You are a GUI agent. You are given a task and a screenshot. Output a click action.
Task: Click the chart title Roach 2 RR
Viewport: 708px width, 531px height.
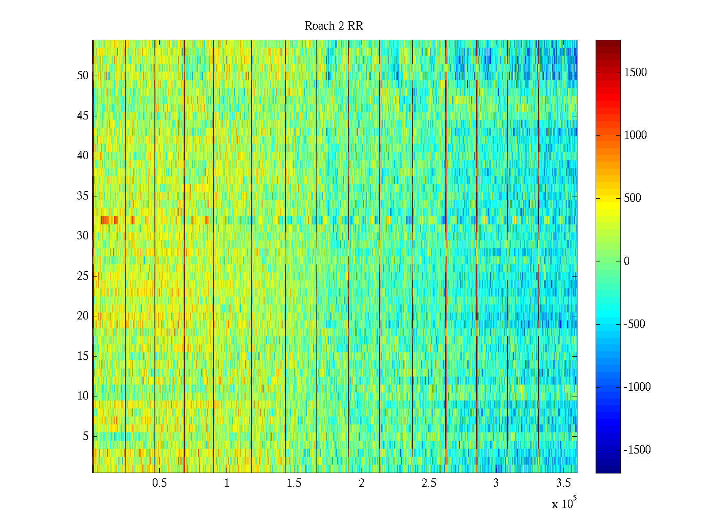334,26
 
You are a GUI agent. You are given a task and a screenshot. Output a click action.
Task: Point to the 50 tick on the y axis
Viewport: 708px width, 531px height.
83,76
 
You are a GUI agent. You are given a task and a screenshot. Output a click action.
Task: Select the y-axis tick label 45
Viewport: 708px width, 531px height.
83,116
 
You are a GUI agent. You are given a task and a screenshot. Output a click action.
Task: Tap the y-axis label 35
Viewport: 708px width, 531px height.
83,196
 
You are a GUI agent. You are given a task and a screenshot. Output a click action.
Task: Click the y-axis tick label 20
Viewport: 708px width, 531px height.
83,316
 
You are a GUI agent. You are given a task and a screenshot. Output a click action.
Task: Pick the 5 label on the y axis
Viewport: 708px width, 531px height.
85,436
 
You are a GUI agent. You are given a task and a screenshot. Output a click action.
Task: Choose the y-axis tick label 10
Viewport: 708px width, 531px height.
83,396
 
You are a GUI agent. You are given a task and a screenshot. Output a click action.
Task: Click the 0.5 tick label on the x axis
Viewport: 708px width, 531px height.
159,483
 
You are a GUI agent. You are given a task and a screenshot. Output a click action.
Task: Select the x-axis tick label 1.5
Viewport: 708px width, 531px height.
294,483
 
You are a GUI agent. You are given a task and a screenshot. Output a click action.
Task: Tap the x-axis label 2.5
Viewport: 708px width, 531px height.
429,483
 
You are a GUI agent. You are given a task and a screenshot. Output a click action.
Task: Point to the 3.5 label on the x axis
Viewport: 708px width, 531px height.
563,483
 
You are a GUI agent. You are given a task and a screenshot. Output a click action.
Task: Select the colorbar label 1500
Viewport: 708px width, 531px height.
635,73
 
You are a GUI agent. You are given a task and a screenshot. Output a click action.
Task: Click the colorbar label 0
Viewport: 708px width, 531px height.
627,262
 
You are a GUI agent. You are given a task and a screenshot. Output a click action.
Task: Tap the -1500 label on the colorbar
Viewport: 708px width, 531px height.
637,450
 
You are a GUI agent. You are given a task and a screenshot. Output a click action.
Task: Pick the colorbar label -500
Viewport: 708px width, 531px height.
635,324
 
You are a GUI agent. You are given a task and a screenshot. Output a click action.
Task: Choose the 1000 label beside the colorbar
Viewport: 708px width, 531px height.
635,135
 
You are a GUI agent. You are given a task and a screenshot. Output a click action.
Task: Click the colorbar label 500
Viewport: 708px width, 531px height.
633,198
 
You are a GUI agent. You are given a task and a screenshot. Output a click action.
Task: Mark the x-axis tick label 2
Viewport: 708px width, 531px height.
362,483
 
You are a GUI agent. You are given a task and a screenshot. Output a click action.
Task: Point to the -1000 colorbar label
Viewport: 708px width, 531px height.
637,387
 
